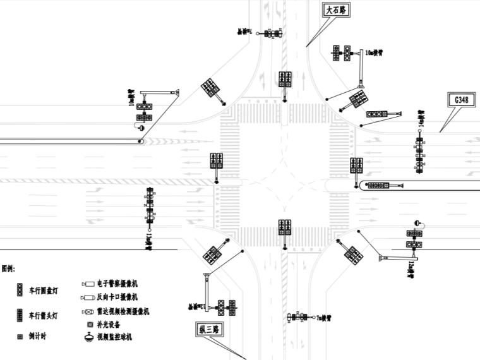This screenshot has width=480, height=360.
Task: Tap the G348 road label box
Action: (x=460, y=100)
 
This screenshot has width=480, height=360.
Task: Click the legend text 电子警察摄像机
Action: (x=116, y=284)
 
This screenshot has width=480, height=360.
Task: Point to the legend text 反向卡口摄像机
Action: (x=116, y=297)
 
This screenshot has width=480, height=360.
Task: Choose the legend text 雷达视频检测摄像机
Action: (x=123, y=311)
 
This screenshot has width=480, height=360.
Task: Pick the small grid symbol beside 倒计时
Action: (x=20, y=337)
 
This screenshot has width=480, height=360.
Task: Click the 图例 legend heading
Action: (x=8, y=268)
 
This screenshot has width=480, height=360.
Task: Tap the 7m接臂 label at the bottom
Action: (x=323, y=320)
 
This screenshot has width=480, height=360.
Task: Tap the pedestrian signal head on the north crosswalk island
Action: (x=285, y=80)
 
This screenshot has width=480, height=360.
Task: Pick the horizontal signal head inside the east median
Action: (x=378, y=186)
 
